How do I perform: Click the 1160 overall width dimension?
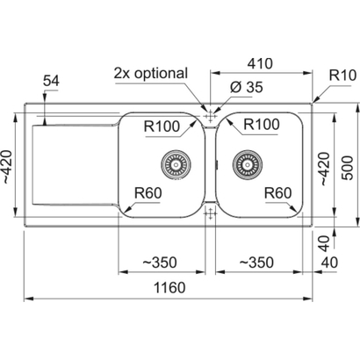tap(169, 287)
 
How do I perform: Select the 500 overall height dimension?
tap(348, 168)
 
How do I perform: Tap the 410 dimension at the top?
tap(260, 63)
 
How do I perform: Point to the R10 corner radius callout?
tap(342, 76)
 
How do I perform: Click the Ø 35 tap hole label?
tap(247, 87)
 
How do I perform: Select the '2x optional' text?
tap(150, 73)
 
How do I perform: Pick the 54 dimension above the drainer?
tap(51, 81)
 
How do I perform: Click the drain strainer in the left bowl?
tap(176, 164)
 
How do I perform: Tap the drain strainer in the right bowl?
tap(248, 163)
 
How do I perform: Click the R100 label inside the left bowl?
tap(162, 126)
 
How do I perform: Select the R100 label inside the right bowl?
tap(262, 125)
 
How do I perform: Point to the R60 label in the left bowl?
tap(148, 193)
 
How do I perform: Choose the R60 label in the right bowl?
tap(277, 193)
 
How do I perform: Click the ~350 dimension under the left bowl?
tap(160, 263)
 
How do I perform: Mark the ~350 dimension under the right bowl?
tap(256, 263)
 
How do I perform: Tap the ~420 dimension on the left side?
tap(7, 167)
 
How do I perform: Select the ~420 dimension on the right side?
tap(325, 169)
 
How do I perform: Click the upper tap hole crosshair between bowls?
tap(210, 117)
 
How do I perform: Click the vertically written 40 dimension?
tap(324, 244)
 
